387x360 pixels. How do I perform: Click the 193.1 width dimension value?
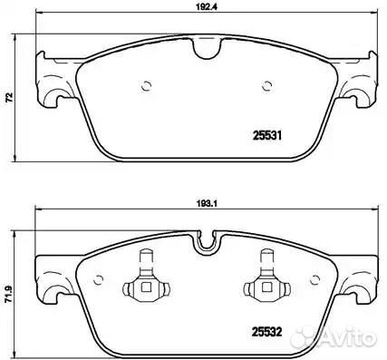pos(208,203)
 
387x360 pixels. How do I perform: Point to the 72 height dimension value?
pos(9,97)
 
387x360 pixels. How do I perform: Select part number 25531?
pos(266,136)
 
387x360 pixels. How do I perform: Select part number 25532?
pos(266,332)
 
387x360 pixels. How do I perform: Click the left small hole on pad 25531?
pos(146,86)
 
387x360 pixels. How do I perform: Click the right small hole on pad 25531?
pos(266,86)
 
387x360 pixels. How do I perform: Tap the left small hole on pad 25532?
pos(99,280)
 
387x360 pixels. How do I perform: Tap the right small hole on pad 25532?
pos(314,280)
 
